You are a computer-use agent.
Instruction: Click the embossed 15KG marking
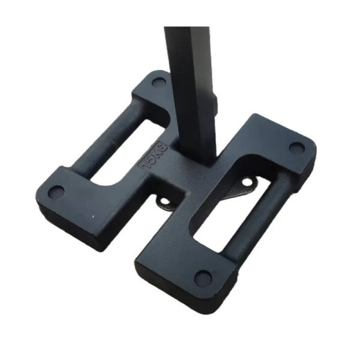tap(152, 157)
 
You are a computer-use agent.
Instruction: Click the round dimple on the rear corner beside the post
tap(159, 82)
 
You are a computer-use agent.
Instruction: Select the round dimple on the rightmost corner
tap(296, 148)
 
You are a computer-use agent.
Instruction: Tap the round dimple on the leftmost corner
tap(56, 191)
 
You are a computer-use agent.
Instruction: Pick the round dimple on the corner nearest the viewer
tap(203, 277)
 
